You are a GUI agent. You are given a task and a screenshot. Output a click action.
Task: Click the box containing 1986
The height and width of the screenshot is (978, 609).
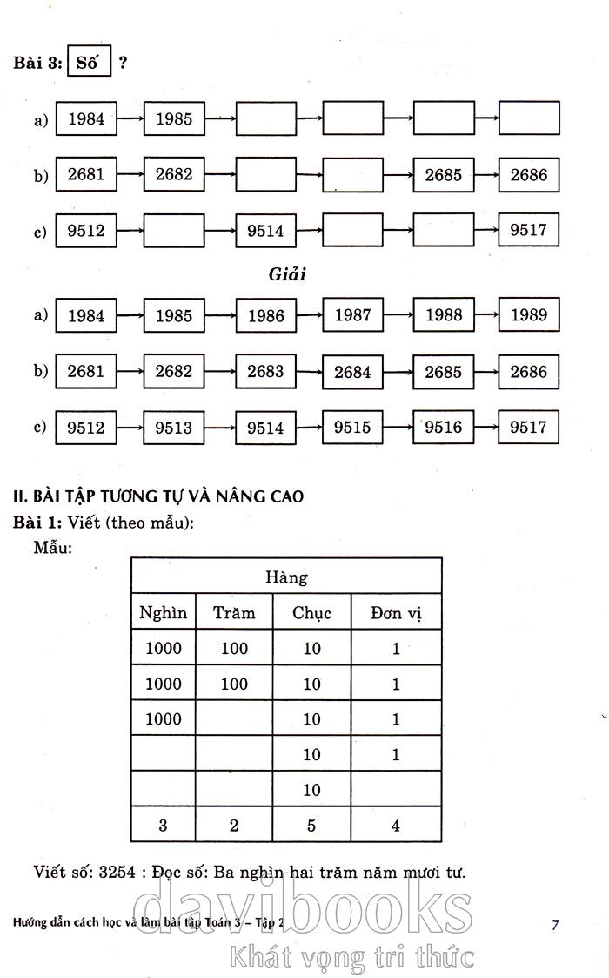265,316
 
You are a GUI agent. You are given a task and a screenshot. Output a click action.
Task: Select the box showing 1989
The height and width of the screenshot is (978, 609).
529,315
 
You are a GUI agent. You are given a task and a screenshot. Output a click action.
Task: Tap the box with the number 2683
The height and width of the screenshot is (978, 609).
265,371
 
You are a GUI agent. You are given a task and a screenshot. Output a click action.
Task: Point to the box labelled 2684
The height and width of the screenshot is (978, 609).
352,372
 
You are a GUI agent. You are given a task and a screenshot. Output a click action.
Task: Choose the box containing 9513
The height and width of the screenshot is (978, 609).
174,428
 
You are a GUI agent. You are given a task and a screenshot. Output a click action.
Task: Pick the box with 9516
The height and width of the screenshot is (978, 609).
444,428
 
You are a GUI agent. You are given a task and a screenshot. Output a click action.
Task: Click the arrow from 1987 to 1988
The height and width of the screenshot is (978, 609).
398,315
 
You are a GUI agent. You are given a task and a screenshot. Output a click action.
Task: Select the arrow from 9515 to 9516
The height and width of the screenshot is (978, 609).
398,428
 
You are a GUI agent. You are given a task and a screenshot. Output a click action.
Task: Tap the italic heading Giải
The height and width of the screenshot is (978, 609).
287,273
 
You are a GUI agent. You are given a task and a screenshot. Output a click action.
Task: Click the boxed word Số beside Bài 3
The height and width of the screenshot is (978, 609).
89,63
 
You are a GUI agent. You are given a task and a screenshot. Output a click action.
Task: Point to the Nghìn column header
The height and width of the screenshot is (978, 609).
163,612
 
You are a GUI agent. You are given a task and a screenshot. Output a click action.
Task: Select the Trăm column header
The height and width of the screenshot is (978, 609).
234,612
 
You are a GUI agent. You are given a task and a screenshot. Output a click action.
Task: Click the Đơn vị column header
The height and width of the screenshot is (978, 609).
396,612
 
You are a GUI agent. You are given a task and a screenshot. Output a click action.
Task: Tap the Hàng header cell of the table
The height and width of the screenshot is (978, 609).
286,577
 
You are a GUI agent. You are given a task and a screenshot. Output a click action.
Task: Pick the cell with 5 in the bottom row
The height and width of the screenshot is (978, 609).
312,826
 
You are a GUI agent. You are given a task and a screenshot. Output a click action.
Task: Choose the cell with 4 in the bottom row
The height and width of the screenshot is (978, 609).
396,826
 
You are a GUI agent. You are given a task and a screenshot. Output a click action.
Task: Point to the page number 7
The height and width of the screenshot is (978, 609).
555,925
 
